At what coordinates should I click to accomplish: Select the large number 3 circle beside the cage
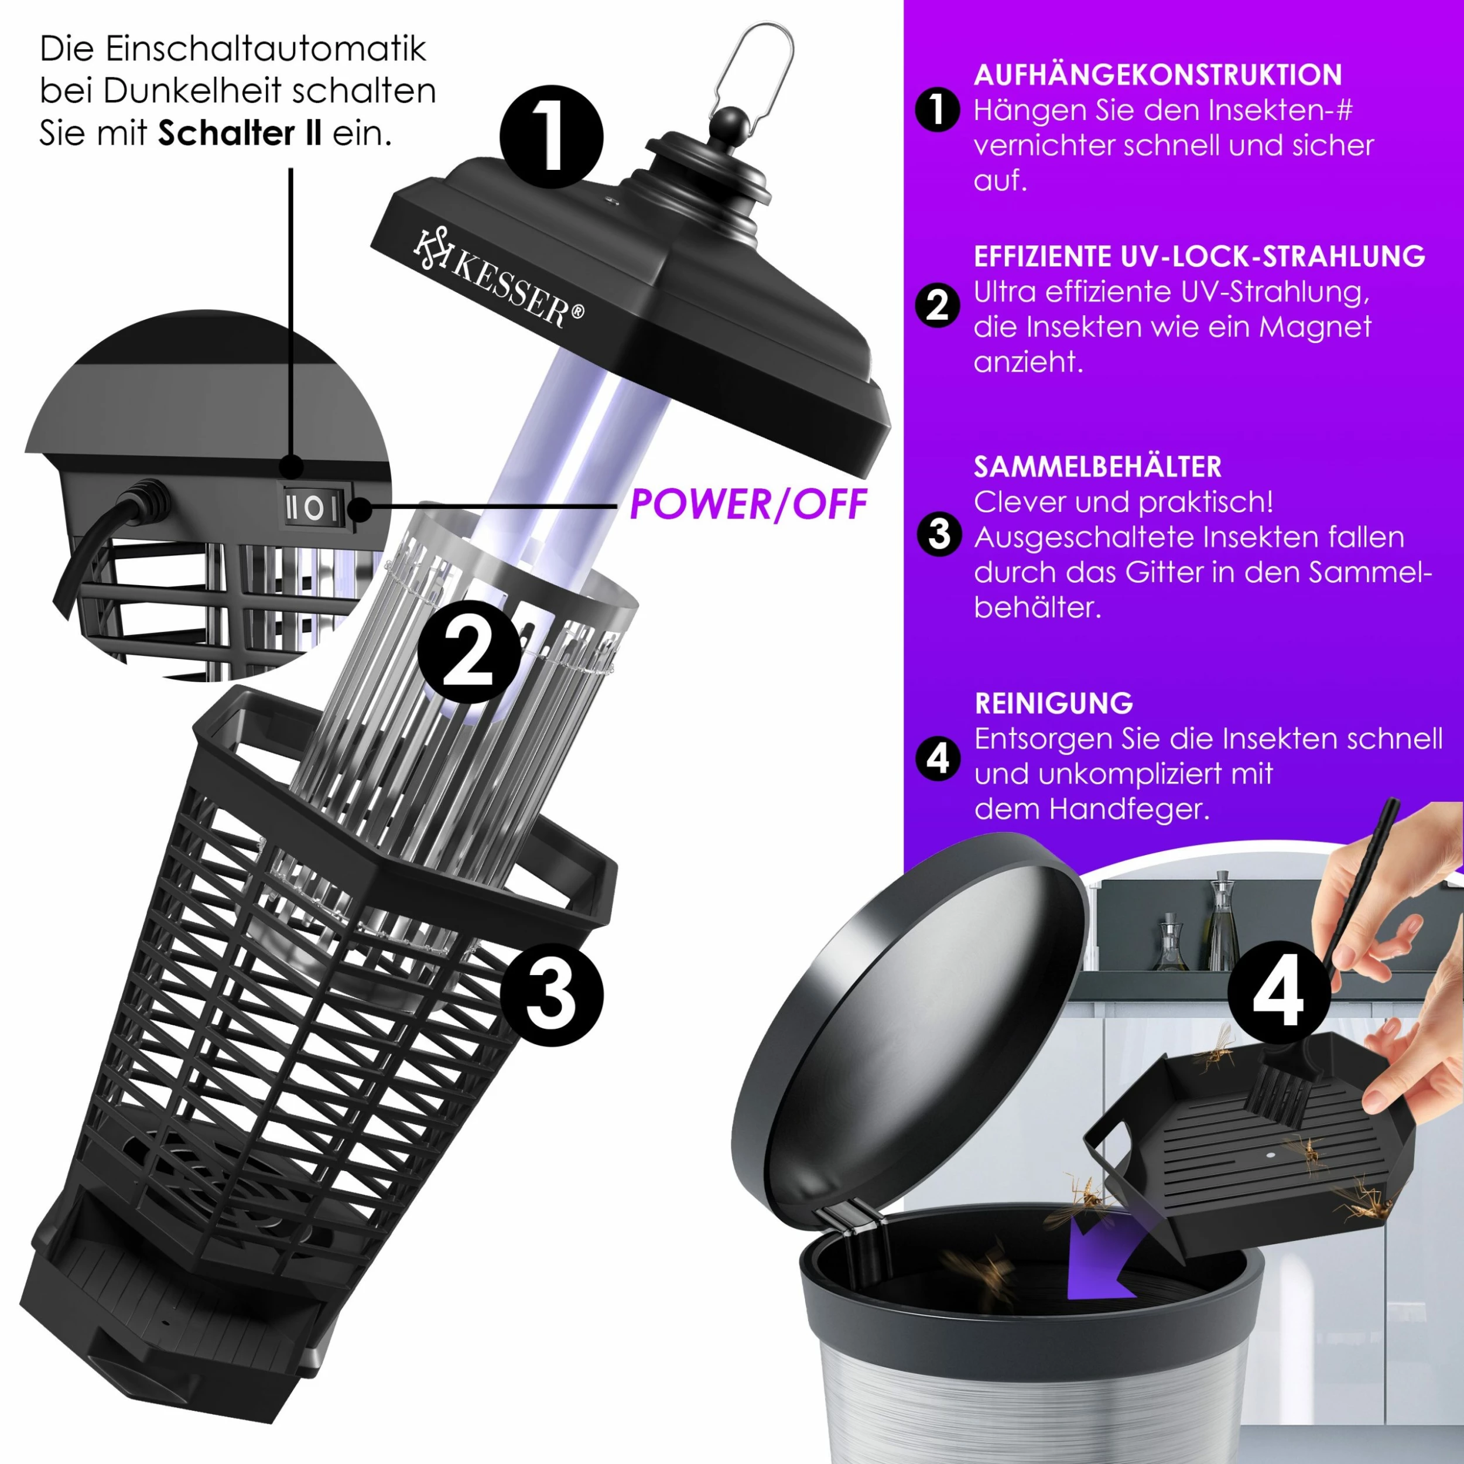(x=552, y=994)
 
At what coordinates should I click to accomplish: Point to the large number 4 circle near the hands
(x=1278, y=993)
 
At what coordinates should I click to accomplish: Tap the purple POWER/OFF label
(x=748, y=505)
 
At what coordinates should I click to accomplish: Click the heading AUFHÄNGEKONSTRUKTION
(x=1158, y=75)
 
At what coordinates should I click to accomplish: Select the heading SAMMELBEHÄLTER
(x=1097, y=467)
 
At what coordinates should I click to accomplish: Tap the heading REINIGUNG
(x=1053, y=703)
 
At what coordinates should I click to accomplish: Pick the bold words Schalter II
(x=240, y=134)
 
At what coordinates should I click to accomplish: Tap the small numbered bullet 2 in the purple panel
(x=938, y=305)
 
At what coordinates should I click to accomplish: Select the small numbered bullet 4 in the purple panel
(x=938, y=758)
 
